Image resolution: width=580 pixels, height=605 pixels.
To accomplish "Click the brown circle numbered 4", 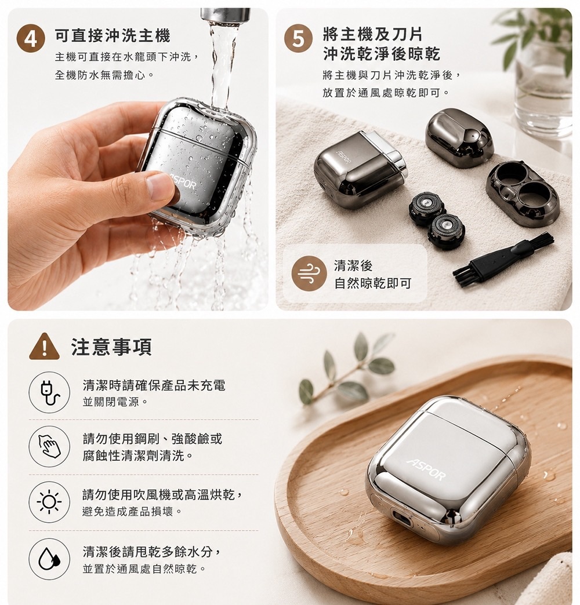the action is (31, 39).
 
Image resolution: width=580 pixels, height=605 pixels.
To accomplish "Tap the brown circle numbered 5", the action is (298, 39).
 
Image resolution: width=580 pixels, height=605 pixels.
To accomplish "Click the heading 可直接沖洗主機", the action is (113, 35).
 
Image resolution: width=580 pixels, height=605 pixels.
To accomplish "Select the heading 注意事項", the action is (111, 347).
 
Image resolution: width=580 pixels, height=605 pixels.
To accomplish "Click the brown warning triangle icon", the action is (45, 347).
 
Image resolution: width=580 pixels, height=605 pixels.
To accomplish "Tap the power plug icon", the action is (49, 392).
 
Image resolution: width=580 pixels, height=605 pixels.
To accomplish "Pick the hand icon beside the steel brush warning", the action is (49, 446).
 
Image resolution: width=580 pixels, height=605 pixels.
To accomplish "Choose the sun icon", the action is (49, 502).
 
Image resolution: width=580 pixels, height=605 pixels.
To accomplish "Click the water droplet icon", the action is (49, 559).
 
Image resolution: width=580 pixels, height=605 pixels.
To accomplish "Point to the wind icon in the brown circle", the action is (309, 274).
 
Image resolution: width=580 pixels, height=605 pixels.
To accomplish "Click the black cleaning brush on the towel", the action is (503, 257).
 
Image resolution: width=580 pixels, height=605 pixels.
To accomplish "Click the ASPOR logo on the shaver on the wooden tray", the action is (426, 469).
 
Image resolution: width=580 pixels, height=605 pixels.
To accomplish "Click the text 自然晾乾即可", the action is (372, 283).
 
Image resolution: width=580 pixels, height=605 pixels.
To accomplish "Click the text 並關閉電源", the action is (115, 402).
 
